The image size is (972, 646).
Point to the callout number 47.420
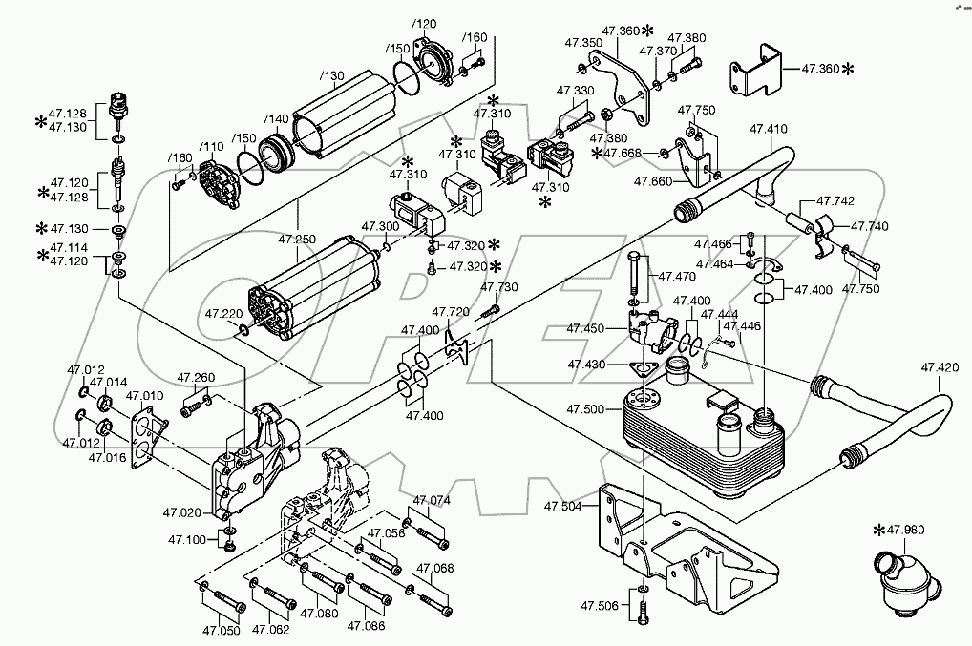pyautogui.click(x=940, y=366)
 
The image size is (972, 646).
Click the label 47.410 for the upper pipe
pyautogui.click(x=769, y=128)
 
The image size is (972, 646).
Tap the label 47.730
pyautogui.click(x=499, y=287)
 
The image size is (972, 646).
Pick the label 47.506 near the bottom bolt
pyautogui.click(x=601, y=606)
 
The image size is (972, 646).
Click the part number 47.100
pyautogui.click(x=187, y=540)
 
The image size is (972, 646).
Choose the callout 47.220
pyautogui.click(x=224, y=312)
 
